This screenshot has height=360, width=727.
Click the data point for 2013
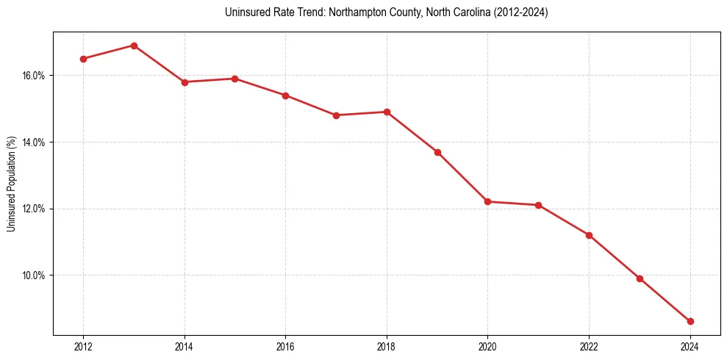click(x=134, y=46)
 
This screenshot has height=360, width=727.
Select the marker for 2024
click(x=690, y=321)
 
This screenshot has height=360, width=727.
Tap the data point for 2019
click(x=437, y=152)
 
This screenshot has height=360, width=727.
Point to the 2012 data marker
click(x=83, y=59)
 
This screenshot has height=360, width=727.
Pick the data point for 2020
click(x=488, y=201)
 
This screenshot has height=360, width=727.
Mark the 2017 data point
click(x=336, y=115)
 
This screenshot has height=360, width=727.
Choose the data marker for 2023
click(x=640, y=278)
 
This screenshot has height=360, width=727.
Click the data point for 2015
click(x=234, y=79)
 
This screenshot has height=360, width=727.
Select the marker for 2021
click(x=538, y=205)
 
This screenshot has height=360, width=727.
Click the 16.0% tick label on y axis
click(x=34, y=76)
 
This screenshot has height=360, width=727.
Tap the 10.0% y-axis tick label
click(x=34, y=276)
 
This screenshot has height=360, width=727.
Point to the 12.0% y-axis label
click(x=34, y=209)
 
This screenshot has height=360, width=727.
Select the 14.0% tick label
click(x=34, y=143)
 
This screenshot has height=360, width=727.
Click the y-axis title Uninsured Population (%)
click(x=11, y=184)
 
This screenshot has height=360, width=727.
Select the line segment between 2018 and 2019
click(x=412, y=132)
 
